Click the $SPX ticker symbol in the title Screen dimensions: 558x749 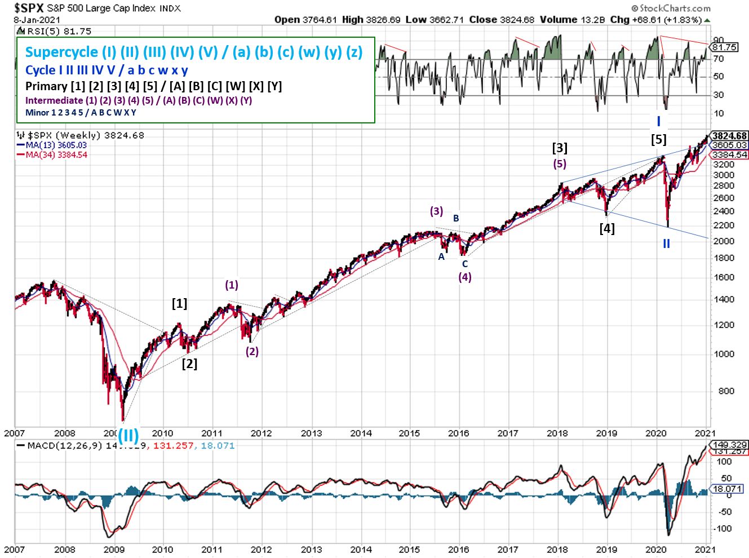28,8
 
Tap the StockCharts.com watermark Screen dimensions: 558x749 671,8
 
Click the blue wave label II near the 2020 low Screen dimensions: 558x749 666,243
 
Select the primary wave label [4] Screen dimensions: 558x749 607,228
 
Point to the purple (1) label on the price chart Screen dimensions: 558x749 232,285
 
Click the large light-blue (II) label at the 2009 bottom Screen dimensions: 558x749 128,435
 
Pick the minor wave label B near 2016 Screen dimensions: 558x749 456,218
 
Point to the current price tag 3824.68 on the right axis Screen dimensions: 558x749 729,136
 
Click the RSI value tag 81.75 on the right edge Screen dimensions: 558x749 725,47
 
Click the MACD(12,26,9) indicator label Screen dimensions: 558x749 65,446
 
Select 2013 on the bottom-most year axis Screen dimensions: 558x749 311,550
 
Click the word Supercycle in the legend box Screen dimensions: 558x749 61,52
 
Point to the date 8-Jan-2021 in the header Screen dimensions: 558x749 37,20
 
